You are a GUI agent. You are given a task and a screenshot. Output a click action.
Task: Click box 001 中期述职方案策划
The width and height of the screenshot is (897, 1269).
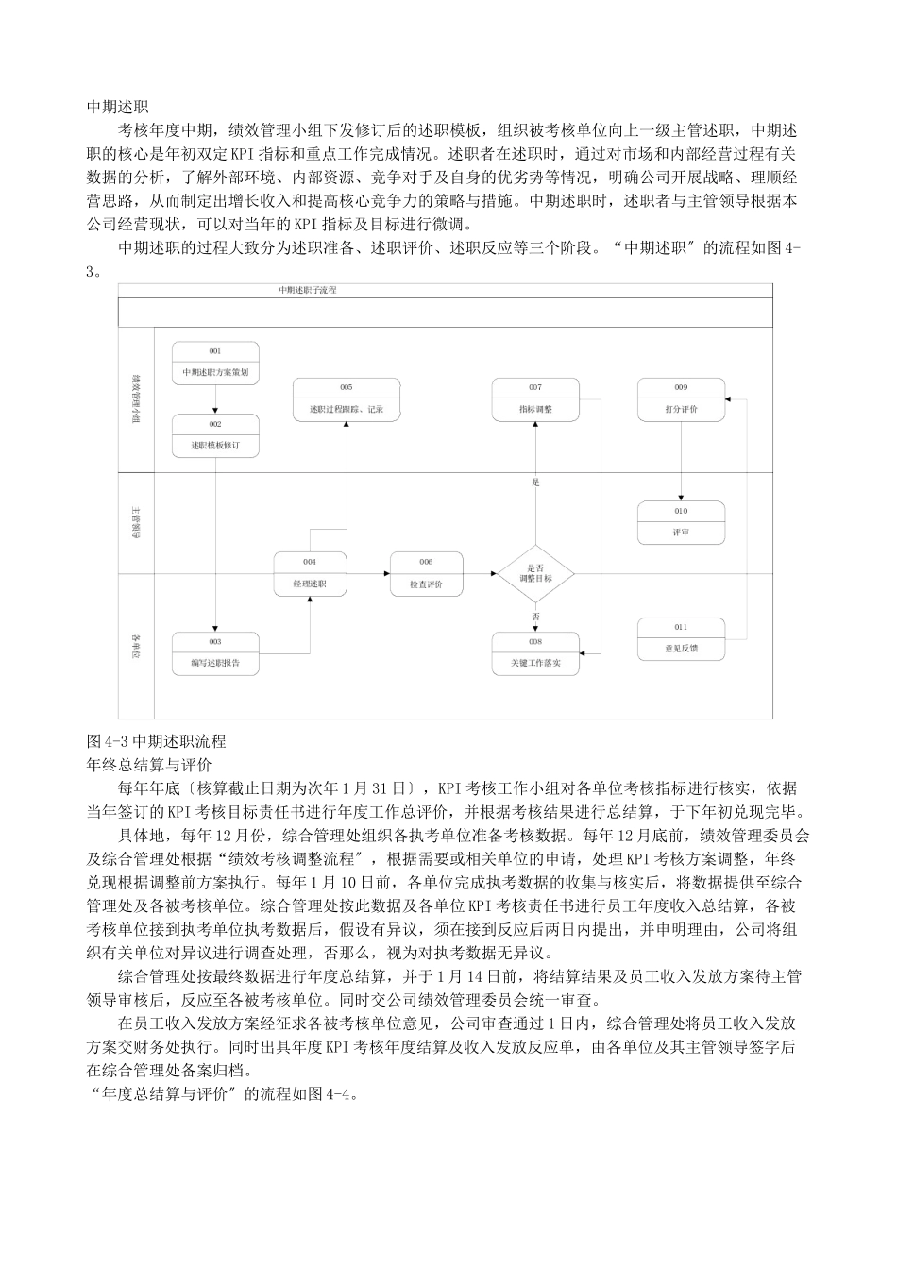tap(215, 364)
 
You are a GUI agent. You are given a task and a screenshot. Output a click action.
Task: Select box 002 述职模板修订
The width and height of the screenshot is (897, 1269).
tap(215, 435)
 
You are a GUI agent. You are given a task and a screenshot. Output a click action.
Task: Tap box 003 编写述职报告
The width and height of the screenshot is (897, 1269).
tap(215, 653)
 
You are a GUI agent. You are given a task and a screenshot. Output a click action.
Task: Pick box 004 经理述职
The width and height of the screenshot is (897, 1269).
tap(310, 574)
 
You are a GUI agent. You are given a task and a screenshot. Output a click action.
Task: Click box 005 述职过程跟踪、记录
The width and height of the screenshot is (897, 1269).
tap(346, 399)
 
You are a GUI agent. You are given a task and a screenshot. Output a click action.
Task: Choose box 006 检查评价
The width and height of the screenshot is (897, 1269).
tap(427, 574)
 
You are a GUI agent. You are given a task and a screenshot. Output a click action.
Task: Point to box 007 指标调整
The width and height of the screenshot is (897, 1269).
tap(535, 399)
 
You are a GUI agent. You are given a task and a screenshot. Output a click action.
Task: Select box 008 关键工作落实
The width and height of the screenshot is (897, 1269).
tap(535, 653)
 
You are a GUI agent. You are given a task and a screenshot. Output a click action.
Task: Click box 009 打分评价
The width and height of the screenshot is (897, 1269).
tap(681, 399)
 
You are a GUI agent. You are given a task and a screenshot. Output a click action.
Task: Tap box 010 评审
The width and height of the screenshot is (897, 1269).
tap(681, 523)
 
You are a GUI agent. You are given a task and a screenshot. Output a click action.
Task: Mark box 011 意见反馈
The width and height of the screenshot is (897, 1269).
tap(681, 639)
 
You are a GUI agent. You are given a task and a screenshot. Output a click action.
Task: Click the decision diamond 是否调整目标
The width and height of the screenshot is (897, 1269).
tap(535, 573)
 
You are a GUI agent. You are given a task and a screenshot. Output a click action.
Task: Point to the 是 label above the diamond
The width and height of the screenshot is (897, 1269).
tap(535, 483)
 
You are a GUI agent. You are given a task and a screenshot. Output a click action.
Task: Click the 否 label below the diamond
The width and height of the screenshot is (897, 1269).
tap(535, 617)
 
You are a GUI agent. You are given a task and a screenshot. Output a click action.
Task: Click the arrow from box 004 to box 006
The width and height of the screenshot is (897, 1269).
tap(368, 573)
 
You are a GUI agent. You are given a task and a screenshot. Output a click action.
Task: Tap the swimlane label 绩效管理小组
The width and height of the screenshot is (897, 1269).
tap(136, 399)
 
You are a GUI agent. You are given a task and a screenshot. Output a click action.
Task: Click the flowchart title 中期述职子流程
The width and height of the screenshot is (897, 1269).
tap(307, 291)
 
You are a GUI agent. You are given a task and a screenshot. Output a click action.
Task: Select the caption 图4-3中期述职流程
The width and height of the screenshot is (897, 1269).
tap(156, 741)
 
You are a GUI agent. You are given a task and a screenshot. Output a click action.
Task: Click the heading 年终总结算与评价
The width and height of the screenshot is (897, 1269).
tap(148, 764)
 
